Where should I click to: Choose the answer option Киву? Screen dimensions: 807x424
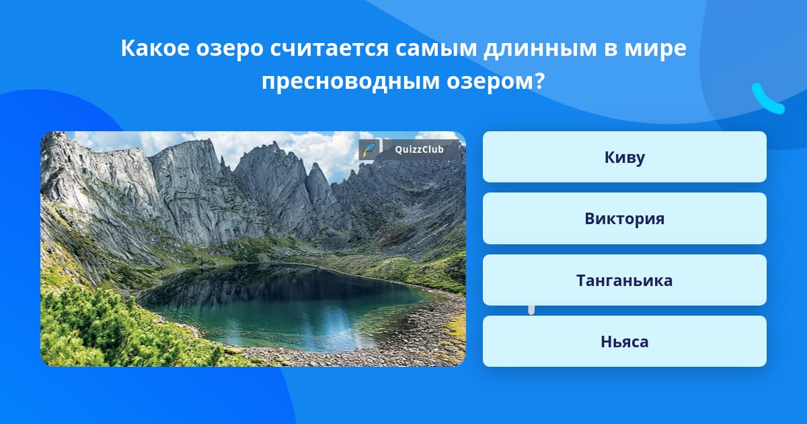point(624,157)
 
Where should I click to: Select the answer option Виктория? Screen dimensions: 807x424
point(624,219)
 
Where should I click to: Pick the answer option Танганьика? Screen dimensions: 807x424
point(624,280)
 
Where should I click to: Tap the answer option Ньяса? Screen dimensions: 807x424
point(624,341)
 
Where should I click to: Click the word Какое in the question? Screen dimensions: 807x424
point(155,48)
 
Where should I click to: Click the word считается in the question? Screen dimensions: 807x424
point(330,48)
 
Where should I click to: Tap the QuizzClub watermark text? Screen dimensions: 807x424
point(419,149)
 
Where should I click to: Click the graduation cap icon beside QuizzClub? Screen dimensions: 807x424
point(369,149)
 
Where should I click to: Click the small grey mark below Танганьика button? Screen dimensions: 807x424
point(531,310)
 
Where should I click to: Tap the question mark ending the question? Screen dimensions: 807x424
point(539,81)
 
